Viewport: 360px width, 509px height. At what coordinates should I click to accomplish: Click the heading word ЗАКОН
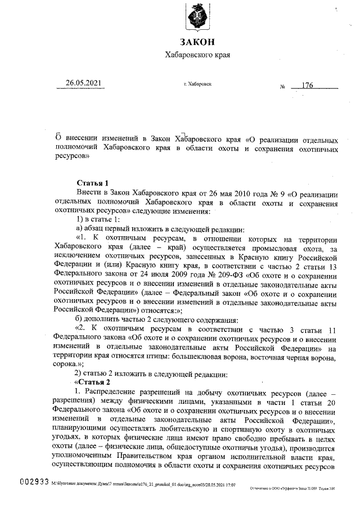(197, 43)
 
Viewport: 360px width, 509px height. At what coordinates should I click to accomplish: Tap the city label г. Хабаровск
(197, 84)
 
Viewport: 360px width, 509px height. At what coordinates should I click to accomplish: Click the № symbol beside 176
(282, 87)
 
